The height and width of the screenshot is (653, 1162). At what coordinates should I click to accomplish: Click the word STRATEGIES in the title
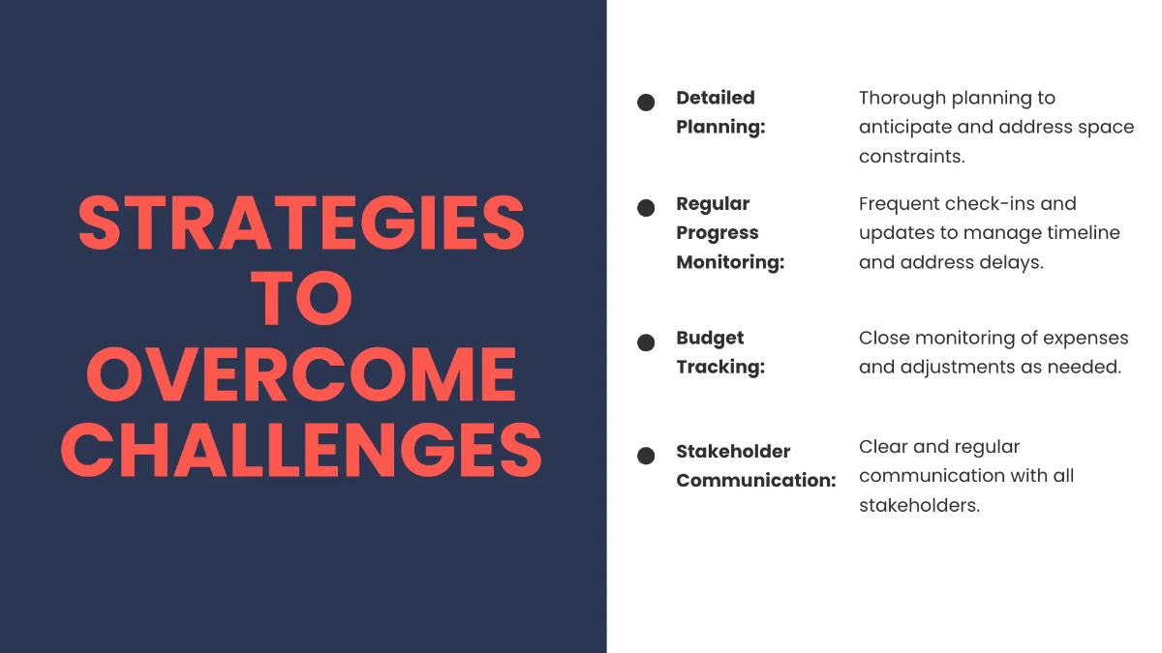click(301, 223)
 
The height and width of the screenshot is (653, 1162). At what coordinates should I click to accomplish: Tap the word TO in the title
click(301, 298)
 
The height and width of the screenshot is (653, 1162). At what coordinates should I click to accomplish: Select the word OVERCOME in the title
click(301, 374)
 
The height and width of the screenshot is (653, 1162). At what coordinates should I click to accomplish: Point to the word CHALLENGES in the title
click(301, 450)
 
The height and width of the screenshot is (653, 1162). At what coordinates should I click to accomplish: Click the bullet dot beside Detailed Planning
click(646, 103)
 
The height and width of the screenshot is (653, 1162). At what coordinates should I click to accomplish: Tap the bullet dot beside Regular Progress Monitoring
click(646, 208)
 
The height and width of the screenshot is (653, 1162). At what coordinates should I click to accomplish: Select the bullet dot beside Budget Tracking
click(646, 342)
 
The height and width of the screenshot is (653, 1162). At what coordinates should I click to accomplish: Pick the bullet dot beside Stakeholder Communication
click(646, 456)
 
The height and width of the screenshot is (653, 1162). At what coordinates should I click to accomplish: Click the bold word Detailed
click(716, 98)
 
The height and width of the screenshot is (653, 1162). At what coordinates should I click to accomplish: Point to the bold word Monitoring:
click(730, 262)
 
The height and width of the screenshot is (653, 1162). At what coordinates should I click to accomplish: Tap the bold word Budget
click(710, 339)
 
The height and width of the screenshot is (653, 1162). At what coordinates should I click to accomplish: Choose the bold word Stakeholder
click(733, 452)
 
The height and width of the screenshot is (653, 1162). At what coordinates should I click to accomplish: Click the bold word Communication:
click(756, 481)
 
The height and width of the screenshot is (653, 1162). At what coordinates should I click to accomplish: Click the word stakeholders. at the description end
click(919, 505)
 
